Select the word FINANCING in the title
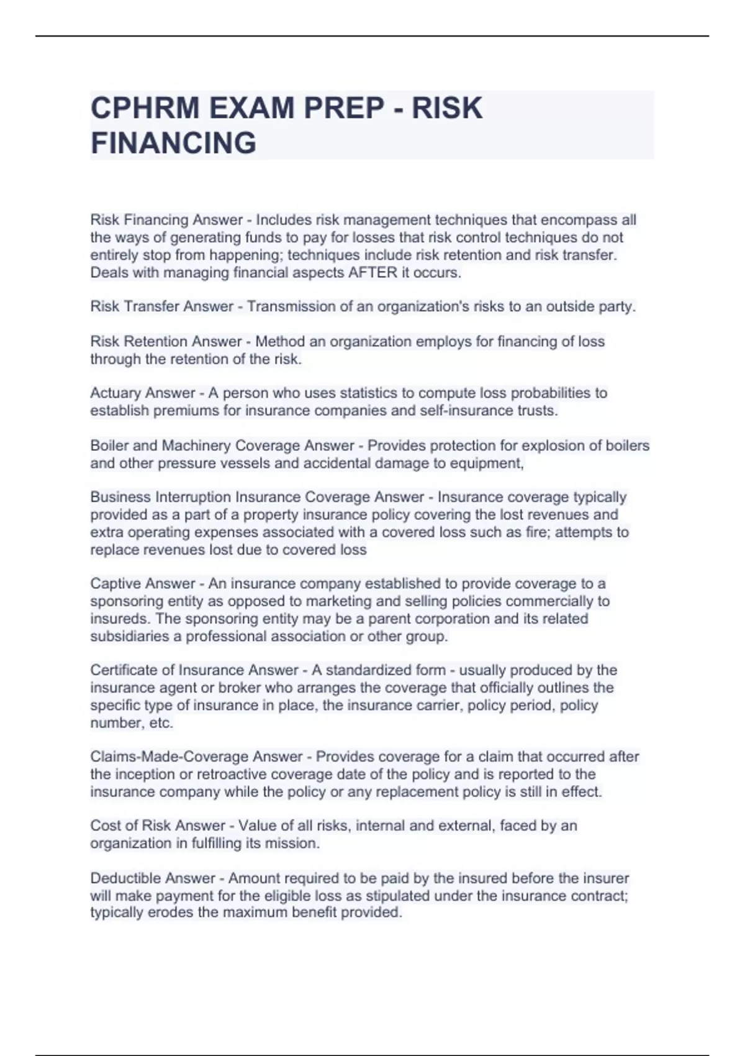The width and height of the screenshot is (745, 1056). (173, 143)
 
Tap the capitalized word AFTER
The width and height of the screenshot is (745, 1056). (372, 273)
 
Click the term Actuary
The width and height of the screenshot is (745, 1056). (112, 393)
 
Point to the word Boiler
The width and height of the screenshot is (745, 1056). (109, 446)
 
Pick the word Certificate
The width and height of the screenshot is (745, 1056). (123, 670)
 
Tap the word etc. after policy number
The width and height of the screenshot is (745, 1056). (161, 723)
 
